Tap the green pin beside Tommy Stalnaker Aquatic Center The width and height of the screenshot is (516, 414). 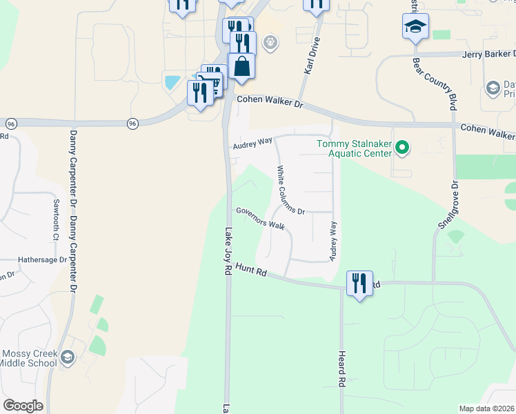click(x=404, y=148)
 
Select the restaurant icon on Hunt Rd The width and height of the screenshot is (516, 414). click(x=359, y=283)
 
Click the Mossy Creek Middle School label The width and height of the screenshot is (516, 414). click(x=28, y=358)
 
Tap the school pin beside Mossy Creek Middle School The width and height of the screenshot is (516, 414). click(x=68, y=357)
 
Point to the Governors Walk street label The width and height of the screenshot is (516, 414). click(x=260, y=218)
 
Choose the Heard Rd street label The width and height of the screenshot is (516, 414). click(x=341, y=368)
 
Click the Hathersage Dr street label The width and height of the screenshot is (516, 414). click(x=42, y=260)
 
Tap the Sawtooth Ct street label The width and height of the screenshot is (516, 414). click(x=56, y=219)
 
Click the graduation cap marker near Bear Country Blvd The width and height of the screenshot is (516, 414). click(x=415, y=27)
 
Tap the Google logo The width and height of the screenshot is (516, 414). click(x=23, y=405)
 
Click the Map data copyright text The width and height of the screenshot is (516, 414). click(x=486, y=408)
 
